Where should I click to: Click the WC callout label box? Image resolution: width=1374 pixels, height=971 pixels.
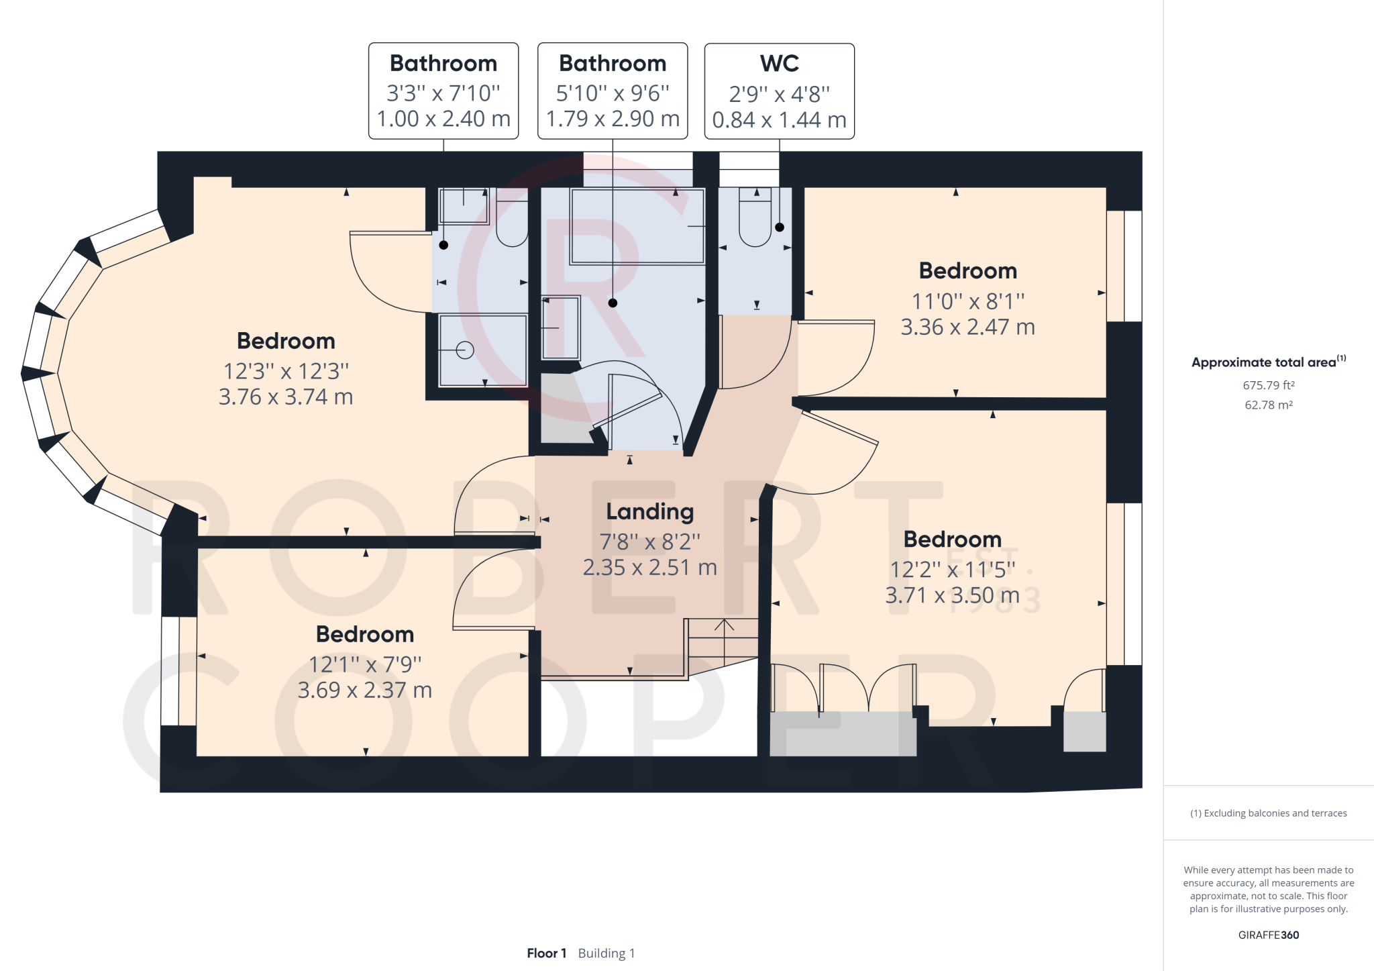[779, 91]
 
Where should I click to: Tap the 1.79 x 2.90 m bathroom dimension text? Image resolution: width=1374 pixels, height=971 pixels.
[613, 119]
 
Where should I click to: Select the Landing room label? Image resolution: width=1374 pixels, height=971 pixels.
[649, 511]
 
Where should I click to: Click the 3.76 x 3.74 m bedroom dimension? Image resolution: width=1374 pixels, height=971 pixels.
[286, 397]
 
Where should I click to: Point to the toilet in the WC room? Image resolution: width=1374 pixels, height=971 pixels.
[755, 217]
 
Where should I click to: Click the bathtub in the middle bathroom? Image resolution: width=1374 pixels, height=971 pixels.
[637, 226]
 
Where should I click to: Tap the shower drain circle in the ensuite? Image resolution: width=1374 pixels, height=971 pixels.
[465, 350]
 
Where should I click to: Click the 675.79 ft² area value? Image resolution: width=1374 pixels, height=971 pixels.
[1269, 385]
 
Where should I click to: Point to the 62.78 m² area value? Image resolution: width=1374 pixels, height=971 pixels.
[1269, 405]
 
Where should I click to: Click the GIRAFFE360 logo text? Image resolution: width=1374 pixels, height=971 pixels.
[1269, 935]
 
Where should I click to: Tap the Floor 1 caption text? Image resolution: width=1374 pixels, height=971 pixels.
[546, 953]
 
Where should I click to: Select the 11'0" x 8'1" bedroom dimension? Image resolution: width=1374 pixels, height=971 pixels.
[967, 301]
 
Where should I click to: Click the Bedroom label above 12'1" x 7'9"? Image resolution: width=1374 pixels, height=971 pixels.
[365, 634]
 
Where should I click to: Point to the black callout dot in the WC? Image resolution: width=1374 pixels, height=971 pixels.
[780, 227]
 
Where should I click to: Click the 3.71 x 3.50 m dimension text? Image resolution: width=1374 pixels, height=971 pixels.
[953, 595]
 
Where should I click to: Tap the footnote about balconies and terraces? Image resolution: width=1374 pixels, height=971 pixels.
[1269, 813]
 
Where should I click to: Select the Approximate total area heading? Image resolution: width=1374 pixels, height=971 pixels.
[1269, 362]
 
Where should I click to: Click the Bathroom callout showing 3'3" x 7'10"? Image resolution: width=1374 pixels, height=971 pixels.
[443, 91]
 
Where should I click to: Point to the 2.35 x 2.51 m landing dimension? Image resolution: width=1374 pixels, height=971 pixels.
[649, 568]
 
